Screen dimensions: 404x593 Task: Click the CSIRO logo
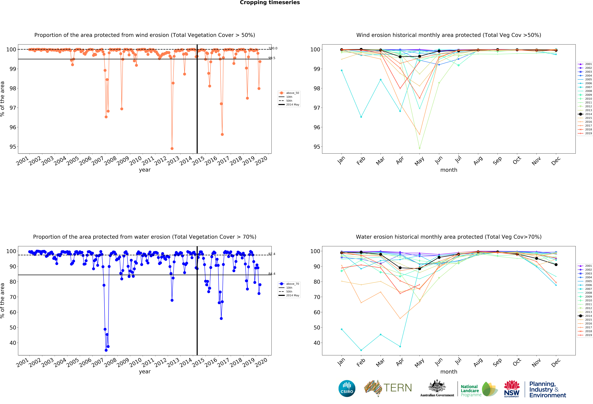click(x=347, y=388)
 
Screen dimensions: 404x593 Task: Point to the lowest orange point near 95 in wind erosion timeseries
click(x=172, y=148)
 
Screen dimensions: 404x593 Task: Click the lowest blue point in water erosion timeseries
click(x=106, y=350)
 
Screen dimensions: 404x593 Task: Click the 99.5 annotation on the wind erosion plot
click(x=272, y=58)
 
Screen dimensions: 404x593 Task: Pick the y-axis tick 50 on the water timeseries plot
click(x=13, y=327)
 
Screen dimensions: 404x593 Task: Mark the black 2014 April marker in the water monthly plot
click(x=400, y=268)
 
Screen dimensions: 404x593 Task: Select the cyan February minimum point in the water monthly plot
click(x=361, y=350)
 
